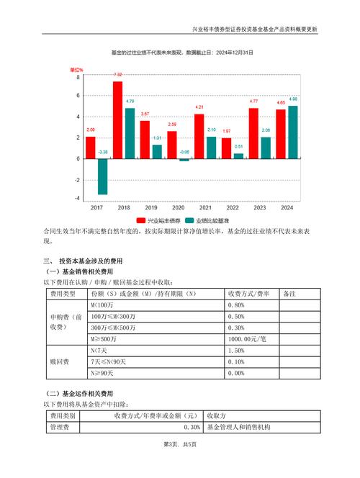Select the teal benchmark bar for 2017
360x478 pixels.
tap(102, 176)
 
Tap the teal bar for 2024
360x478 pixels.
tap(293, 132)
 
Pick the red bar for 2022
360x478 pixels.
tap(226, 148)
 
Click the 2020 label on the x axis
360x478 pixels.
tap(179, 207)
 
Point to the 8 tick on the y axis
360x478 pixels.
tap(78, 75)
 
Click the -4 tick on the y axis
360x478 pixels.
tap(77, 199)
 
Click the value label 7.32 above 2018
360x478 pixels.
tap(117, 75)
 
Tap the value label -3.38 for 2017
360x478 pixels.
tap(102, 152)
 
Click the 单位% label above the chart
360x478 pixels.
tap(76, 69)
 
